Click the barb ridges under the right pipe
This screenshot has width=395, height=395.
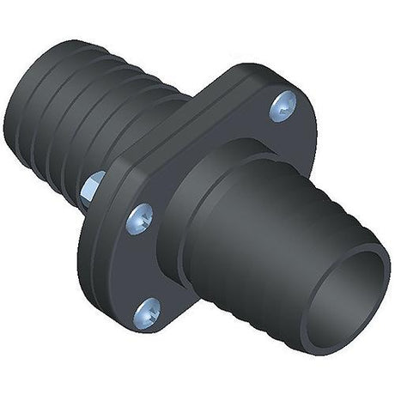258,318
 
